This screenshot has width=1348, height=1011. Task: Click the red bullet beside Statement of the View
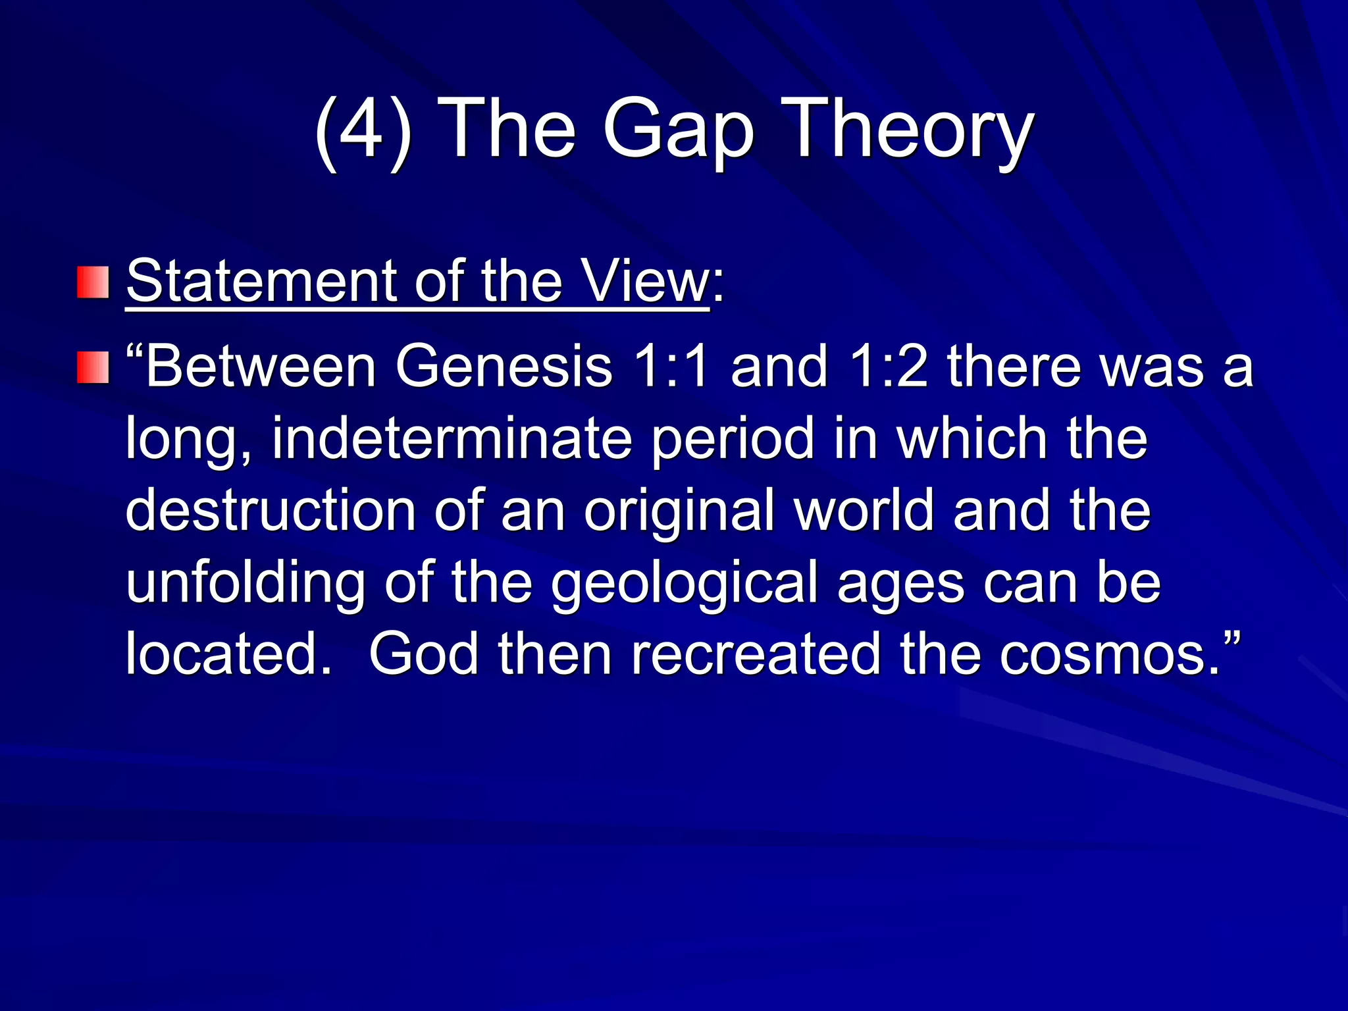coord(93,282)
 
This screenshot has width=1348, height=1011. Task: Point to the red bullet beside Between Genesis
coord(93,367)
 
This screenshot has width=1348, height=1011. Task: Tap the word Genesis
coord(504,367)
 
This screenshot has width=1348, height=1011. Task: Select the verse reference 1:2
coord(888,367)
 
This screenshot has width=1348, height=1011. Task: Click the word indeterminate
coord(452,439)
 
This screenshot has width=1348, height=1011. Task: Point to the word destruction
coord(271,511)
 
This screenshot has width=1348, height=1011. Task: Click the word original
coord(679,511)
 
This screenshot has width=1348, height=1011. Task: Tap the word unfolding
coord(246,583)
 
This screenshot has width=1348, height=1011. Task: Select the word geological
coord(685,583)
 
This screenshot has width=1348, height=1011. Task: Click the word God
coord(424,655)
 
